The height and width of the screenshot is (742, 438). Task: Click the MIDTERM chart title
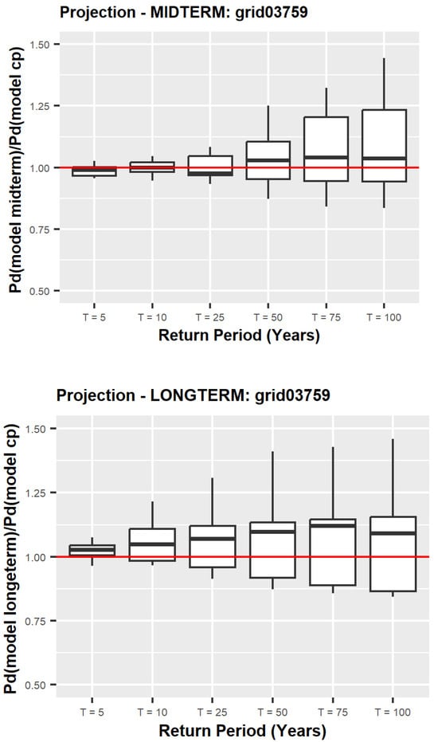coord(183,12)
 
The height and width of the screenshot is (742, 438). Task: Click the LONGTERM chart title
coord(193,395)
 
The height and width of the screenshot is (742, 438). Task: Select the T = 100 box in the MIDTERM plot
coord(384,146)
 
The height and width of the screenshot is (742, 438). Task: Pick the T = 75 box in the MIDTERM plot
coord(326,149)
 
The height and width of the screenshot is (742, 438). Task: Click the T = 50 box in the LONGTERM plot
coord(272,550)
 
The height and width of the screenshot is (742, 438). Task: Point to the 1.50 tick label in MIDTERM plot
coord(39,45)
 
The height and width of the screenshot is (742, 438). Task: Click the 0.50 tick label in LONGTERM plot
coord(36,685)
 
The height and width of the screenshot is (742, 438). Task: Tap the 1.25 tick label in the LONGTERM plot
coord(36,493)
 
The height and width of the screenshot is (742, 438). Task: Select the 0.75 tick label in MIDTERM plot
coord(39,230)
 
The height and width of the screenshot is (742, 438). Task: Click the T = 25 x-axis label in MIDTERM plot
coord(210,317)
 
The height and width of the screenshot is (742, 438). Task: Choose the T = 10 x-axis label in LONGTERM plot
coord(152,713)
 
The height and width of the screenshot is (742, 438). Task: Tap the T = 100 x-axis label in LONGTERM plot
coord(393,713)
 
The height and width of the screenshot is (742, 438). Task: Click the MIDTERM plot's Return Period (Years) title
coord(239,336)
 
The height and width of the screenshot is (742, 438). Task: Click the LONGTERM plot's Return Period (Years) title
coord(242,731)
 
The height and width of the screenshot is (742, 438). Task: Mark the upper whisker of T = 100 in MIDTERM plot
coord(384,84)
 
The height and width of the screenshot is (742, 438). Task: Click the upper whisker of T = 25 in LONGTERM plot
coord(213,501)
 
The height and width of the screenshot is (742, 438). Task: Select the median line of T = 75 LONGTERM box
coord(333,526)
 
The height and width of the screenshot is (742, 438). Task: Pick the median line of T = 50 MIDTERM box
coord(268,160)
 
